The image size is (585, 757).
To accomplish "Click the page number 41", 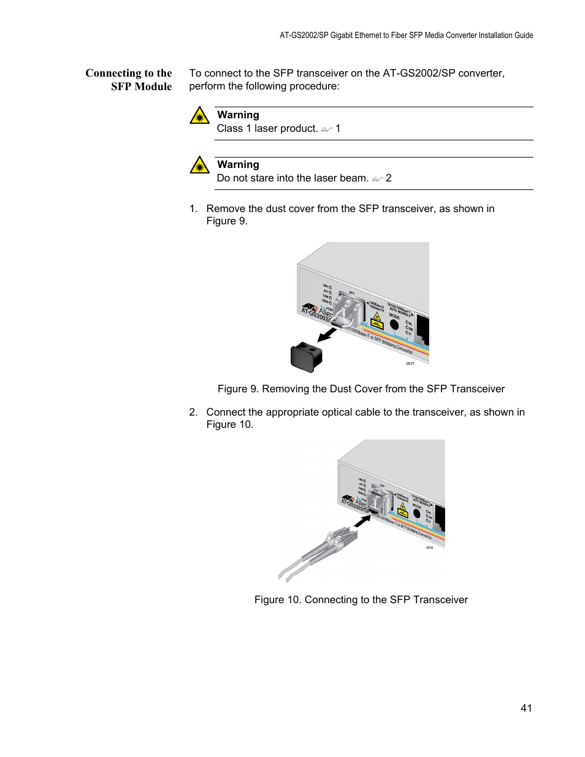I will pyautogui.click(x=526, y=708).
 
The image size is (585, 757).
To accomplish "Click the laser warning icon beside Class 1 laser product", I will pyautogui.click(x=199, y=115).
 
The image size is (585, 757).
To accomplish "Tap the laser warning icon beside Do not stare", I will pyautogui.click(x=199, y=165).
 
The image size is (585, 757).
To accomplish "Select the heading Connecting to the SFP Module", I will pyautogui.click(x=129, y=80).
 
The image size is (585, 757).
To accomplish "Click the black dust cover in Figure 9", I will pyautogui.click(x=306, y=357).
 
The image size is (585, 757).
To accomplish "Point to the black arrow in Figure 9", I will pyautogui.click(x=327, y=335).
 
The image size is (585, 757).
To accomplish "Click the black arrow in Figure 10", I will pyautogui.click(x=362, y=521).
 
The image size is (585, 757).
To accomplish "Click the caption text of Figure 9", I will pyautogui.click(x=361, y=389).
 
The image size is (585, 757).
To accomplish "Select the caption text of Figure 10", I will pyautogui.click(x=361, y=599).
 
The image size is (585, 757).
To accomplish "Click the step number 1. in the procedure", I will pyautogui.click(x=193, y=209).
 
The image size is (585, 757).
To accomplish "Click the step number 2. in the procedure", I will pyautogui.click(x=193, y=413).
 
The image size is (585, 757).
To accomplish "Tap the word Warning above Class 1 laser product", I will pyautogui.click(x=238, y=115).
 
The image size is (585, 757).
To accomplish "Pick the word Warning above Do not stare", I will pyautogui.click(x=238, y=165).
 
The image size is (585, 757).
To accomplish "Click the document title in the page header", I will pyautogui.click(x=406, y=36).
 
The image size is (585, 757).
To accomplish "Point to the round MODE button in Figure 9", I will pyautogui.click(x=394, y=325).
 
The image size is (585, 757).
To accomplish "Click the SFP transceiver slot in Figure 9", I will pyautogui.click(x=348, y=310).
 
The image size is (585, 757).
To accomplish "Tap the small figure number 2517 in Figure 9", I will pyautogui.click(x=410, y=363).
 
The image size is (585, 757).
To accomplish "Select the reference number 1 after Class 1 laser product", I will pyautogui.click(x=338, y=129).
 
